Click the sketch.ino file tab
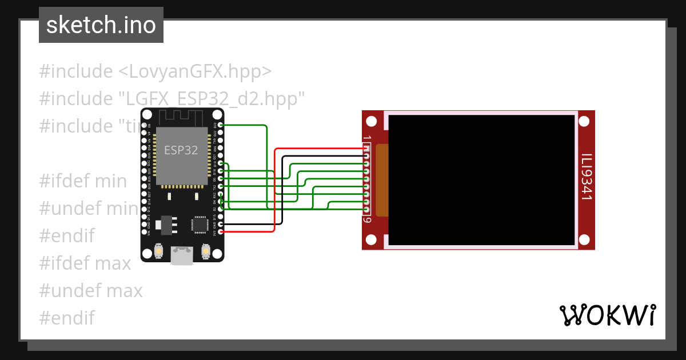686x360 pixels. click(x=101, y=25)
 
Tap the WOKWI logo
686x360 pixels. click(x=607, y=315)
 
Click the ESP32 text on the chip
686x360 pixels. click(x=181, y=150)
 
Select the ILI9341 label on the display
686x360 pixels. click(x=586, y=177)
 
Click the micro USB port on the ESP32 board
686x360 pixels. click(x=182, y=255)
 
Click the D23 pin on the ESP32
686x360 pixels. click(x=221, y=125)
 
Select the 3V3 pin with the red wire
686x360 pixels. click(x=221, y=231)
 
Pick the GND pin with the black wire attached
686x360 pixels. click(x=221, y=224)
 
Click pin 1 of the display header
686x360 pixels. click(x=366, y=149)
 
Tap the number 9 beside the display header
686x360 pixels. click(x=368, y=220)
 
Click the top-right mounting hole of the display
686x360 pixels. click(x=584, y=122)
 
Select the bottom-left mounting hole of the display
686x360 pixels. click(x=372, y=239)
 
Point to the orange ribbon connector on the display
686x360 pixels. click(x=381, y=180)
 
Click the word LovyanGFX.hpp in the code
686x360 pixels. click(x=194, y=72)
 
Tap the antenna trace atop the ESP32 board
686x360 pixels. click(x=181, y=117)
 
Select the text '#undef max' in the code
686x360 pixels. click(x=91, y=291)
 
